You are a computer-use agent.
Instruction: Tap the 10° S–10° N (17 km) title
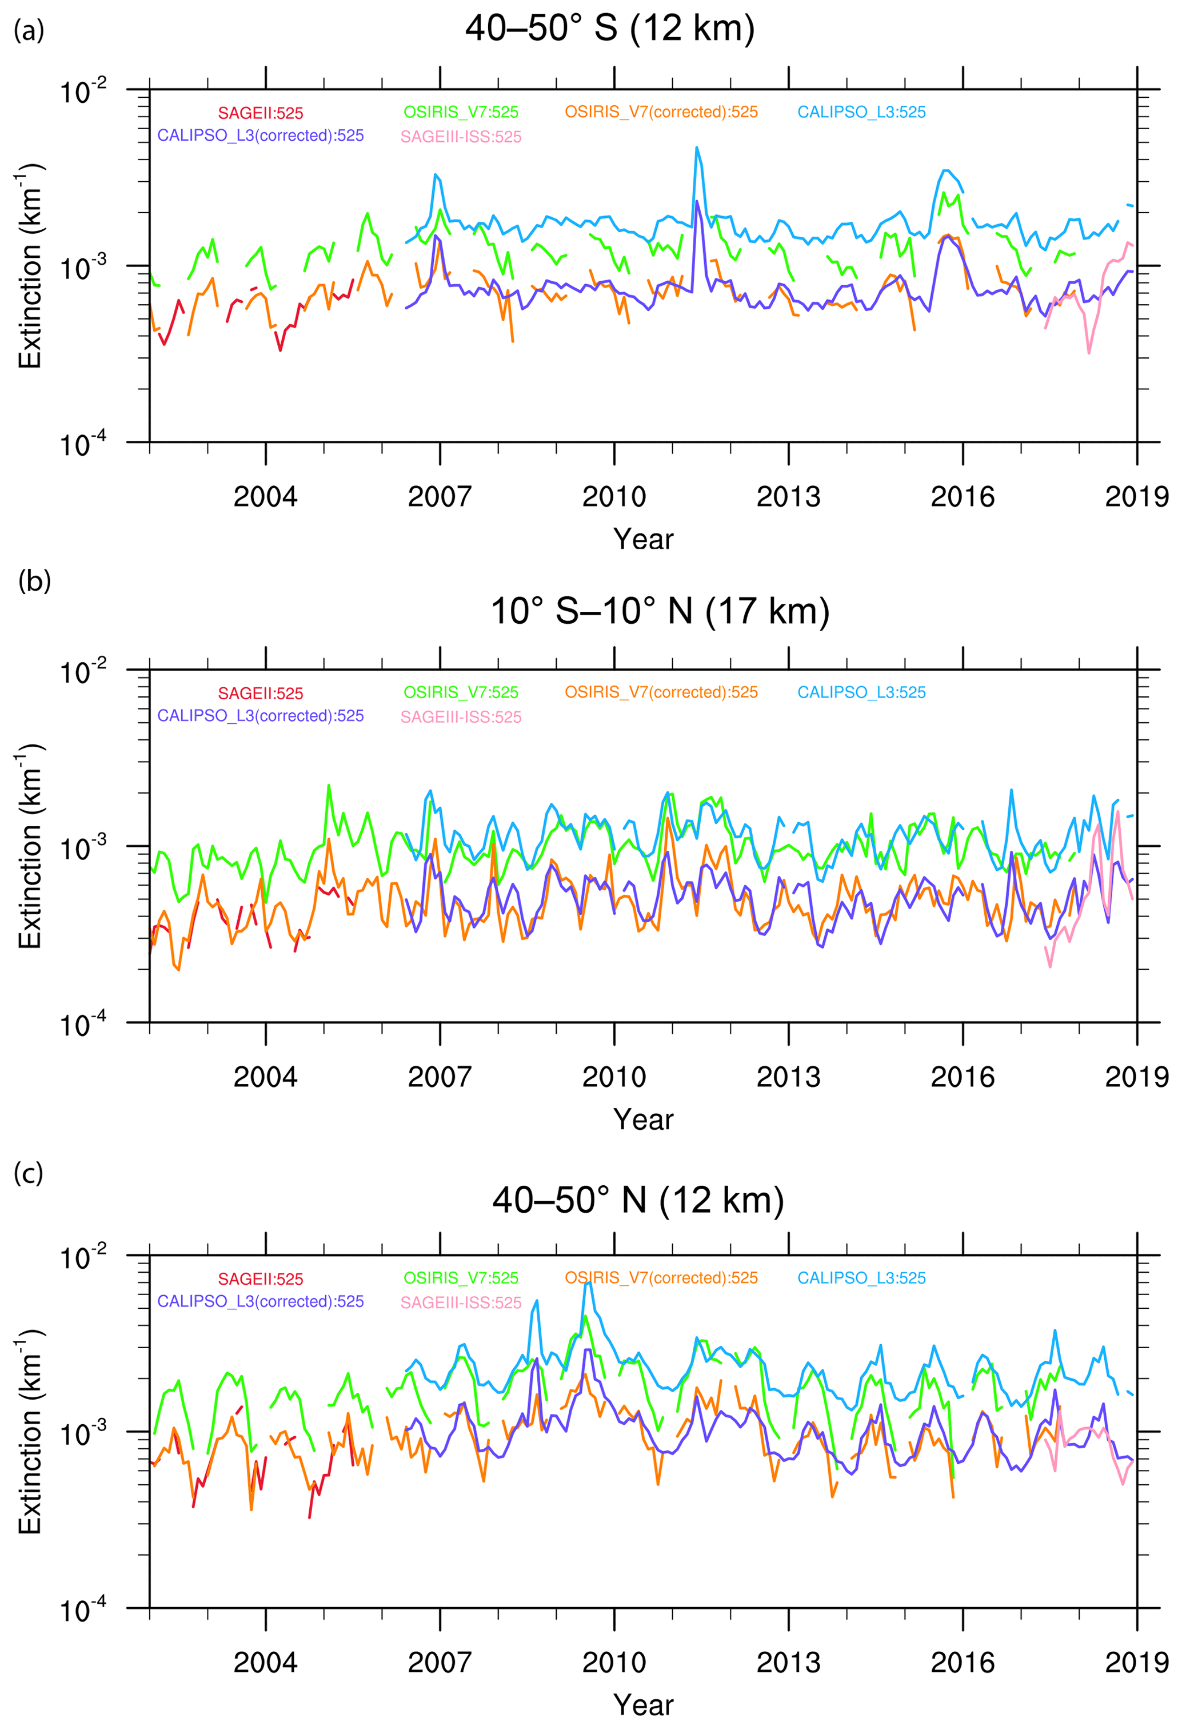point(660,612)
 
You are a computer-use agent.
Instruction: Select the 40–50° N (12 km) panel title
point(638,1200)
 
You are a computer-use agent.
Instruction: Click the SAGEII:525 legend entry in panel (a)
point(261,113)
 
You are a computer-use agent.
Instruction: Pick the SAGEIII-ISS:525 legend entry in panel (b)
point(461,717)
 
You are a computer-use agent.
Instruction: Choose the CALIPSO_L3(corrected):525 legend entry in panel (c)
point(261,1301)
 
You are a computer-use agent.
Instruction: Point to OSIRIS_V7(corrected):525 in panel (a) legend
point(661,112)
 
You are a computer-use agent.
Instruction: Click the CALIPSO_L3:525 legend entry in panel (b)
point(861,692)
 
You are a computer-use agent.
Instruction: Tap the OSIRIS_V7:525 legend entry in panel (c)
point(461,1278)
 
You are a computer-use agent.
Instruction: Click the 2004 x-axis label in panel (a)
point(266,496)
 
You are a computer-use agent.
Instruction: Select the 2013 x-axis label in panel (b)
point(789,1077)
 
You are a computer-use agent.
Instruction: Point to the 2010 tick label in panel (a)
point(614,496)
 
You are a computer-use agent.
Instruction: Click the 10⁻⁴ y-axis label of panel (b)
point(83,1025)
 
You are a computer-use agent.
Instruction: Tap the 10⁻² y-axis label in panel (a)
point(83,91)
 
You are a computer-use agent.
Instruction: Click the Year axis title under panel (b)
point(644,1120)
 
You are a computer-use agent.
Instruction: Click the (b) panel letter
point(34,581)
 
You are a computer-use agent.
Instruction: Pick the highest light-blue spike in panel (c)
point(588,1282)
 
